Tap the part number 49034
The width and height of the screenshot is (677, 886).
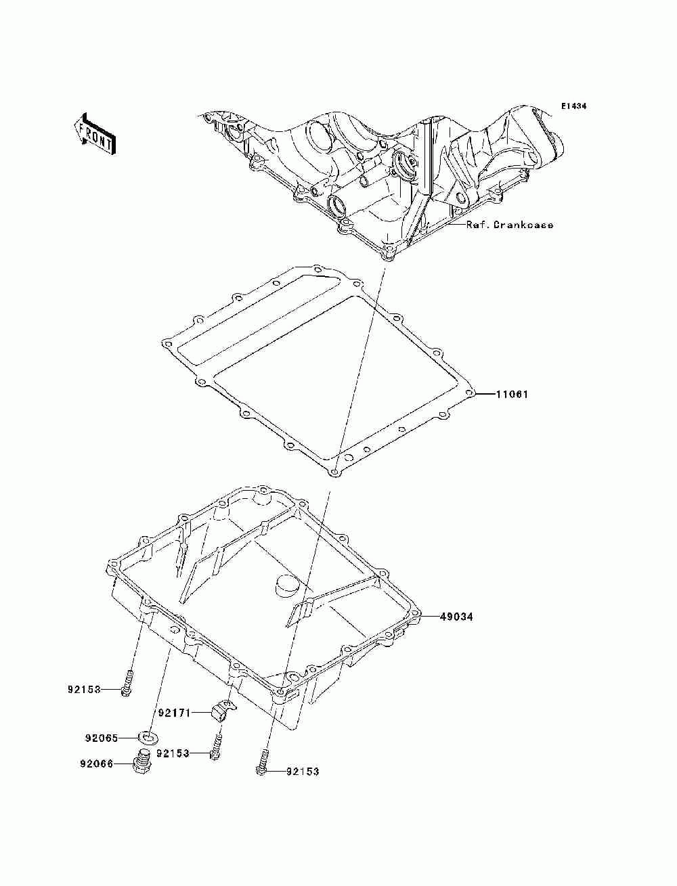[x=456, y=617]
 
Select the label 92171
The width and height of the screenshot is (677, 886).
[x=175, y=713]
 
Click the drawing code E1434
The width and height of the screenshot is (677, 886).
[x=573, y=106]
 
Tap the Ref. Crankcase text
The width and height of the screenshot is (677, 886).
[x=510, y=225]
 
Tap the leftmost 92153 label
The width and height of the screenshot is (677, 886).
[x=84, y=690]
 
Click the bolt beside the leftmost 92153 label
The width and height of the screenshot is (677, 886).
[x=127, y=682]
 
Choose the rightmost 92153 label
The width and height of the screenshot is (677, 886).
[x=302, y=771]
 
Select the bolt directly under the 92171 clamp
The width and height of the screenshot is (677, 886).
[x=217, y=745]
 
